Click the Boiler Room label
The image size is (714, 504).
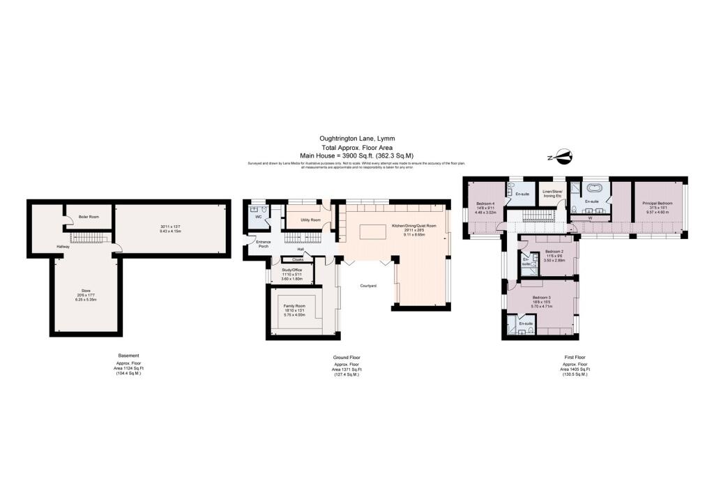89,217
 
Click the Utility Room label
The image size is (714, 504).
310,220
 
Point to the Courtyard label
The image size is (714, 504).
369,286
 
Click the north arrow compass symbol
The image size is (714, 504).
562,158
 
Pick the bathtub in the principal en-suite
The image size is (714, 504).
595,188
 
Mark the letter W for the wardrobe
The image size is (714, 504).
591,217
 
